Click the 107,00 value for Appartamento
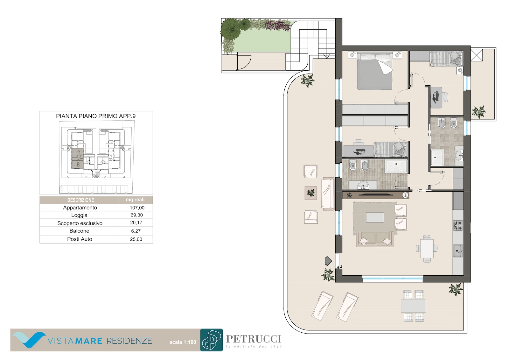tap(137, 208)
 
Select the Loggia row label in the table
tap(79, 215)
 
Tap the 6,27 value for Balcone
tap(136, 231)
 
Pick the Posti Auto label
tap(80, 239)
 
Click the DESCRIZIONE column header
tap(80, 200)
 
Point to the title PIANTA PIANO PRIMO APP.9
tap(96, 116)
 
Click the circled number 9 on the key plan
tap(78, 164)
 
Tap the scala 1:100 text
tap(183, 342)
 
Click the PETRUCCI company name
tap(254, 339)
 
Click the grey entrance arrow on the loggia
tap(328, 261)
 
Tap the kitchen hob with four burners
tap(458, 226)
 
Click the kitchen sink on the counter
tap(458, 251)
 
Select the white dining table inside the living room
tap(427, 249)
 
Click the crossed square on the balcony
tap(477, 55)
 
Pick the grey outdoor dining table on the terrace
tap(413, 306)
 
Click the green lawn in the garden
tap(264, 42)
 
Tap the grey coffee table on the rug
tap(375, 217)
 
